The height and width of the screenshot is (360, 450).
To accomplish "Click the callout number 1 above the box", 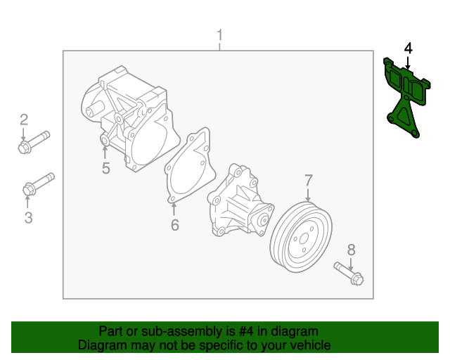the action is pos(220,34).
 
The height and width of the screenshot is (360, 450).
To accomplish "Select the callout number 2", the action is pos(24,120).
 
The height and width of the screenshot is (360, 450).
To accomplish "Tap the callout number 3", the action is pos(28,217).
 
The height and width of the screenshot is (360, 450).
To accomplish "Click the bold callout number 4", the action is pos(408,49).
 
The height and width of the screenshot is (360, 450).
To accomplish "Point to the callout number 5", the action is pos(106,168).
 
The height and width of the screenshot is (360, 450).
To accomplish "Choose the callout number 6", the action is pos(175,225).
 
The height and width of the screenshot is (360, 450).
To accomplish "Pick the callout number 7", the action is pos(308,180).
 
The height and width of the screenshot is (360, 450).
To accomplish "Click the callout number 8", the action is pos(352,250).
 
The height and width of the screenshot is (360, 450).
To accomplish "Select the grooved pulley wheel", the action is pos(301,237).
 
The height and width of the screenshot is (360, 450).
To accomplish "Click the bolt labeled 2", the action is pos(34,142).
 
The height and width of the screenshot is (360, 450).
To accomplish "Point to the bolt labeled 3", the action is pos(39,184).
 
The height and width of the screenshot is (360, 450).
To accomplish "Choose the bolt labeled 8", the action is pos(349,274).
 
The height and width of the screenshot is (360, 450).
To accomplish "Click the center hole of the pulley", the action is pos(304,238).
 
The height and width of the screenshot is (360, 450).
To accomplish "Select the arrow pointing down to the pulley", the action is pos(308,195).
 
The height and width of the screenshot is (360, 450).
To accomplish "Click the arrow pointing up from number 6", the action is pos(174,210).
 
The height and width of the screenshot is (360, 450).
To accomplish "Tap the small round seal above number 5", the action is pos(105,141).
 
